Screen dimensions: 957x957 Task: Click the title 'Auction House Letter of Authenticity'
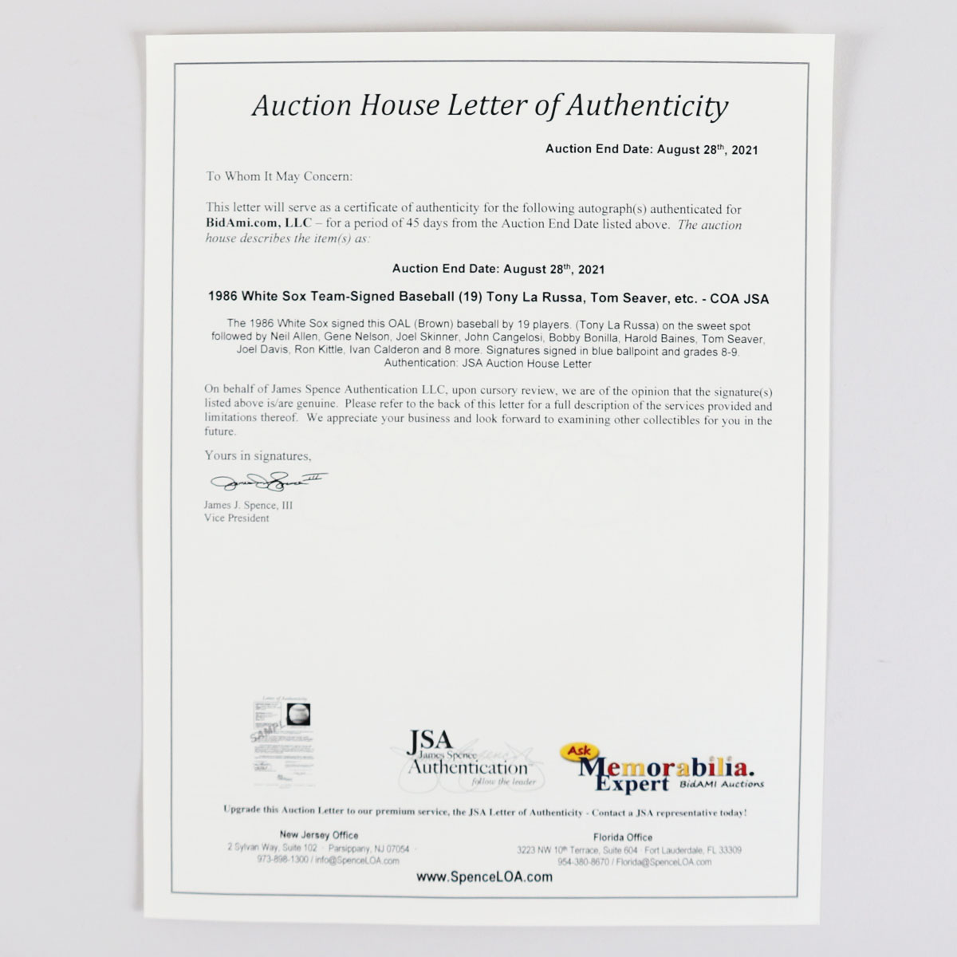pos(490,106)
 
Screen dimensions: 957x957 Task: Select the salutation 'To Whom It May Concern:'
pos(278,176)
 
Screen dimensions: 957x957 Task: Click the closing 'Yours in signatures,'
pos(258,456)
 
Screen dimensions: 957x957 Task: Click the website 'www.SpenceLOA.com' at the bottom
pos(484,876)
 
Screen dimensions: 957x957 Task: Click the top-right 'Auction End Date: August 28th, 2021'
pos(651,149)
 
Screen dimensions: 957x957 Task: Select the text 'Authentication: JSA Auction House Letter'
pos(487,364)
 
